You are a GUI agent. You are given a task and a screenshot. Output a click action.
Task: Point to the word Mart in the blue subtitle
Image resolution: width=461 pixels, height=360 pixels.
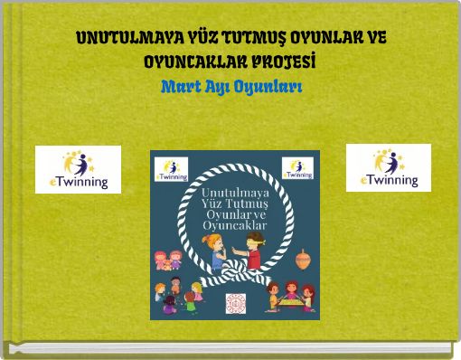(x=176, y=87)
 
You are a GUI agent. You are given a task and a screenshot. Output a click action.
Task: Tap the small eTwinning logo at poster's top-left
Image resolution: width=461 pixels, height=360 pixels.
(x=172, y=169)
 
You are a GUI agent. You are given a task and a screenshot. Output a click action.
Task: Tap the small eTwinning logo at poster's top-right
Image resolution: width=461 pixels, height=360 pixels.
(x=297, y=169)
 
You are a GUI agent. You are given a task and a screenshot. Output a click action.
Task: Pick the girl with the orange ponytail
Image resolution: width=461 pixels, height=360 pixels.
(x=217, y=254)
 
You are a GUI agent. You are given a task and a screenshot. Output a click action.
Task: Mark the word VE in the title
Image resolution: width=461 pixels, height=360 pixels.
(x=375, y=41)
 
